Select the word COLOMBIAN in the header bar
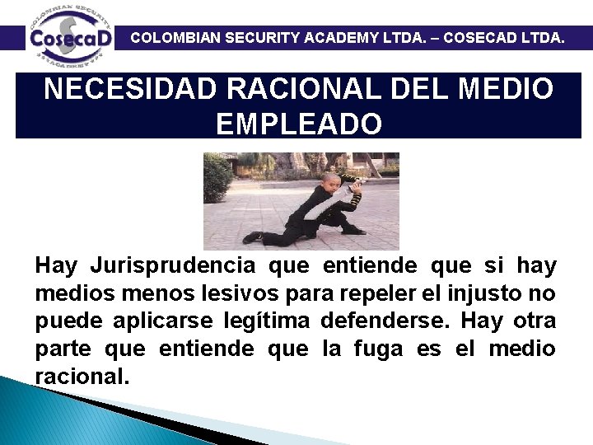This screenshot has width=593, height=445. click(x=173, y=37)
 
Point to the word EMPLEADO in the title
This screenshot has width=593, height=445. click(x=298, y=124)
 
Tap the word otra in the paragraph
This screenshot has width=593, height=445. click(x=535, y=321)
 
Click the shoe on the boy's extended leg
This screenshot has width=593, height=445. click(x=252, y=237)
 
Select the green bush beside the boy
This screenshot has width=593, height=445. click(x=217, y=176)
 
